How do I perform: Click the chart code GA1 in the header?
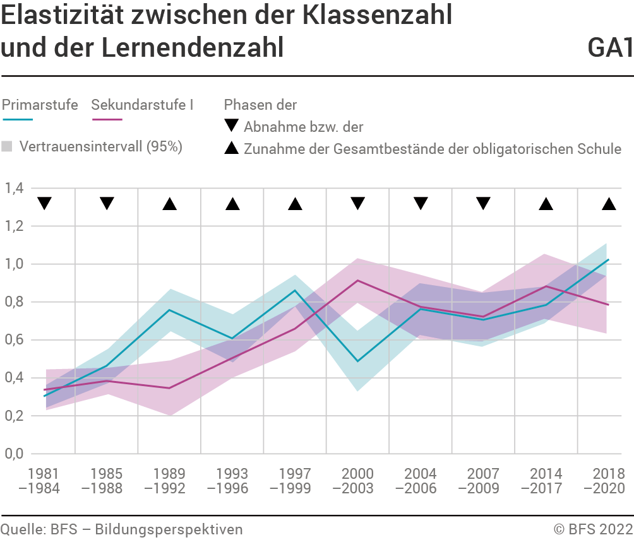point(609,48)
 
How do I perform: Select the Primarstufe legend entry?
point(40,105)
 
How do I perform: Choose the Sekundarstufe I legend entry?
point(142,105)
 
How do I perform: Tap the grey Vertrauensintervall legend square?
point(8,147)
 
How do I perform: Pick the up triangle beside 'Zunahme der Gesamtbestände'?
point(232,149)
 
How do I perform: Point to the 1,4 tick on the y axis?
point(14,188)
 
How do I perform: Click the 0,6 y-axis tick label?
point(14,340)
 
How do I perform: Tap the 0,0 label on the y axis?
point(14,454)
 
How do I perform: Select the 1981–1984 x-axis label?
point(44,481)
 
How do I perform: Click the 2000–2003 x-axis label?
point(357,481)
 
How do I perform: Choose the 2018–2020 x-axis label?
point(609,481)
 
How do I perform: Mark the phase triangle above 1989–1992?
point(169,204)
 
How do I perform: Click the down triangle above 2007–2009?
point(483,203)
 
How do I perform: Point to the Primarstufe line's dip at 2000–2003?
point(357,361)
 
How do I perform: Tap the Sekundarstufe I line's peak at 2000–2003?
point(357,280)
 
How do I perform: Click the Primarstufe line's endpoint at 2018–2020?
point(608,259)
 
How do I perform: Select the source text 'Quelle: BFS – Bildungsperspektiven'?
point(122,529)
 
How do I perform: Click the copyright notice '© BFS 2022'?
point(593,529)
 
